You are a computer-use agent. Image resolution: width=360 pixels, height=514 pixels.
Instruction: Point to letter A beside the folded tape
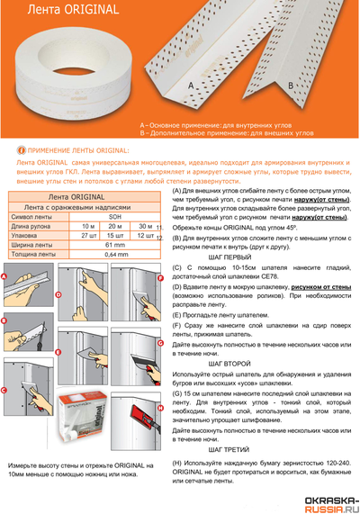point(190,85)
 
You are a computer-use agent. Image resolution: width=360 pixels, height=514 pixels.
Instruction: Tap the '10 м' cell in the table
point(88,226)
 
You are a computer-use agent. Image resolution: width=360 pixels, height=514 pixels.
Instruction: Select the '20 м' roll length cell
point(114,226)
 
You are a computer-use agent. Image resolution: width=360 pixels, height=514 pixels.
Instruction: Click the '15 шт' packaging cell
point(114,235)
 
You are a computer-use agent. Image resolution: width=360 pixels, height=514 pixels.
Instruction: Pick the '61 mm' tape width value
point(114,244)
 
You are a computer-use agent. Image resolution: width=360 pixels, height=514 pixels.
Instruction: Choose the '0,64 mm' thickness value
point(114,254)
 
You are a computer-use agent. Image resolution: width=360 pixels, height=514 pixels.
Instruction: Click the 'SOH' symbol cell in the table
point(114,217)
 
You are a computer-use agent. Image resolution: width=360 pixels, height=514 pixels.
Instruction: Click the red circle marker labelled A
point(5,277)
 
